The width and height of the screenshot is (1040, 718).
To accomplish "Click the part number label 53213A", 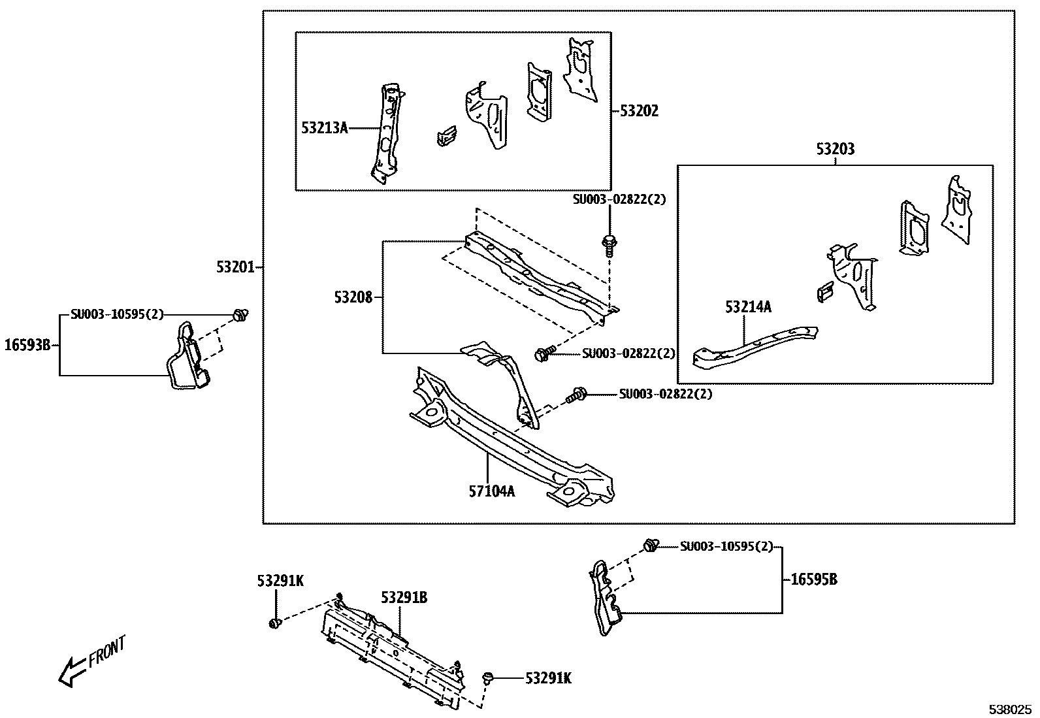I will point(324,128).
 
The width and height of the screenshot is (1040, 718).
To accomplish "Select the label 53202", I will point(639,111).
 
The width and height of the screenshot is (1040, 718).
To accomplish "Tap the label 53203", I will point(835,150).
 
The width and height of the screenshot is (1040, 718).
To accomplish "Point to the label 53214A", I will point(748,306).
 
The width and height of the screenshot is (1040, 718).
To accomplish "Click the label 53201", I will point(236,267).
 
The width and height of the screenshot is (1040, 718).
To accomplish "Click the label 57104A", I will point(491,491).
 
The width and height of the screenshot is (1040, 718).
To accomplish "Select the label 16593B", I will point(27,344).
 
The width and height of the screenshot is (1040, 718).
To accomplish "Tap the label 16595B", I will point(813,579).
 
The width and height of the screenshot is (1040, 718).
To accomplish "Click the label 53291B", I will point(404,598).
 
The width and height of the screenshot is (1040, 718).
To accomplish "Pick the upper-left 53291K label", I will point(280,581).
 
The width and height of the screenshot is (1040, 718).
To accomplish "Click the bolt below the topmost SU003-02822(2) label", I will point(609,244).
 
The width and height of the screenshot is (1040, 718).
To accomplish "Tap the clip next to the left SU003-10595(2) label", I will point(240,316).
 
